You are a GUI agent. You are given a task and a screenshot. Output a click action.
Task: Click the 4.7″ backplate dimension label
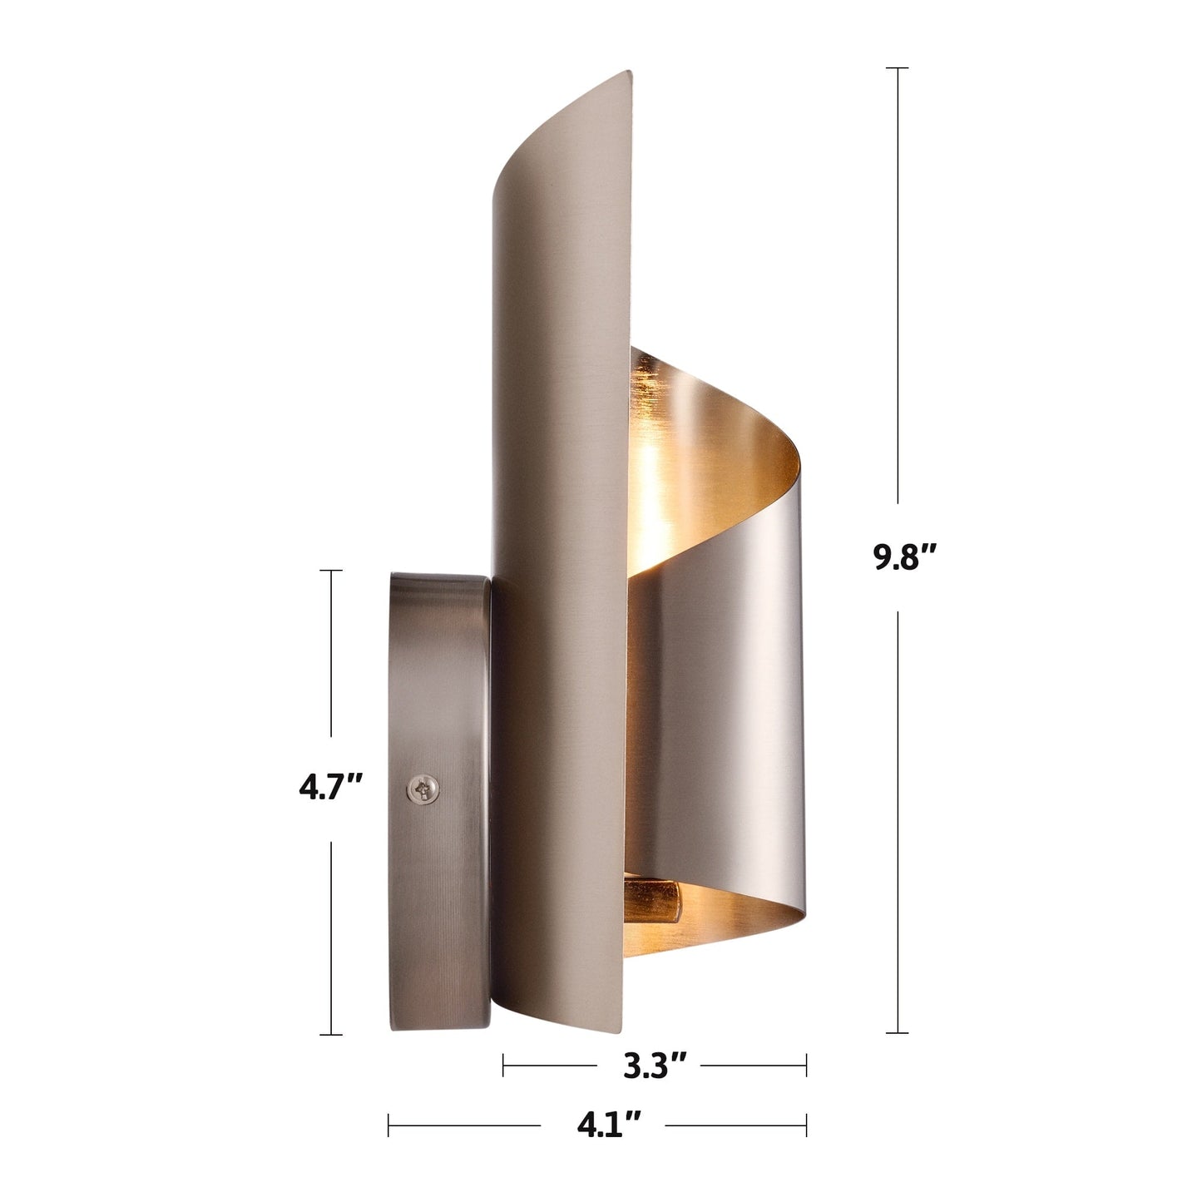click(331, 787)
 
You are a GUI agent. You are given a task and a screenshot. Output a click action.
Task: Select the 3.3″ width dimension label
click(655, 1065)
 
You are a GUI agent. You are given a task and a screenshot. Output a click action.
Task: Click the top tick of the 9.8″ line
click(897, 67)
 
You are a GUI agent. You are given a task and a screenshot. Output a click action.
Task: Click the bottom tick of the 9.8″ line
click(897, 1033)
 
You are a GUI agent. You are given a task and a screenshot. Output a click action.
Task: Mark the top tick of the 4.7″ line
click(331, 571)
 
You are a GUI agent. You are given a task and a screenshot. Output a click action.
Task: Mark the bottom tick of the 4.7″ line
click(331, 1035)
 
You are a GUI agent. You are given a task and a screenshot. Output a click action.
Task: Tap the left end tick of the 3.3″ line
click(503, 1064)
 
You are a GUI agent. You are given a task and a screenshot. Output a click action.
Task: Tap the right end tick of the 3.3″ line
click(806, 1064)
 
